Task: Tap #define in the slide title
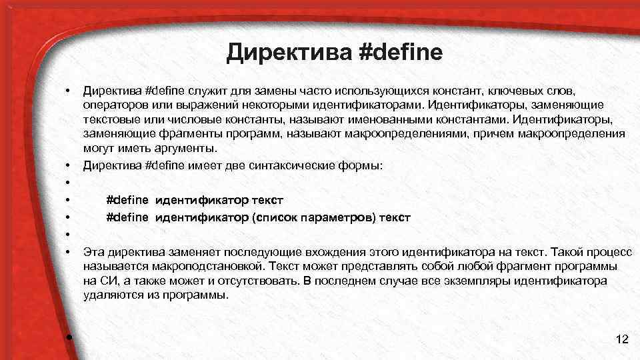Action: click(400, 51)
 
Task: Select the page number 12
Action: click(622, 340)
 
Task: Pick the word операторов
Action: click(111, 105)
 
